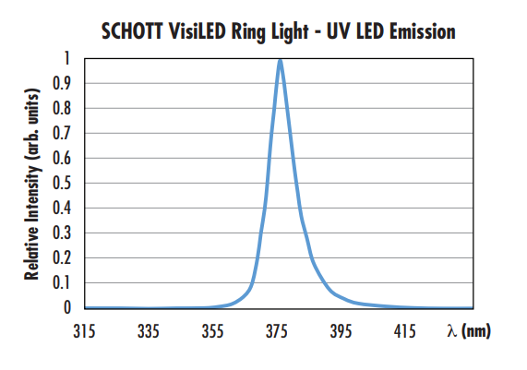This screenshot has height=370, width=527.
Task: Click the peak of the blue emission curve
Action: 280,61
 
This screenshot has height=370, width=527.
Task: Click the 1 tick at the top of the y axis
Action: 66,58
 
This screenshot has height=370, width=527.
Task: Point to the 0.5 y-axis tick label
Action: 61,183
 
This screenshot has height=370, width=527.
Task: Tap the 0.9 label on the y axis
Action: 61,83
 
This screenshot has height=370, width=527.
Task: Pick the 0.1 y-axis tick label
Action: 61,282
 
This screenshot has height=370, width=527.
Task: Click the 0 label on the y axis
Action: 66,307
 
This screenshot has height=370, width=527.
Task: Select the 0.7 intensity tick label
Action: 61,133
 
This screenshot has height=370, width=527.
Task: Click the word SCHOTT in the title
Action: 134,32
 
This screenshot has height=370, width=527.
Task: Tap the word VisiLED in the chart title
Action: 208,32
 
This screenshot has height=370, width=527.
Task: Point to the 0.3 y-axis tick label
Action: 61,233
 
